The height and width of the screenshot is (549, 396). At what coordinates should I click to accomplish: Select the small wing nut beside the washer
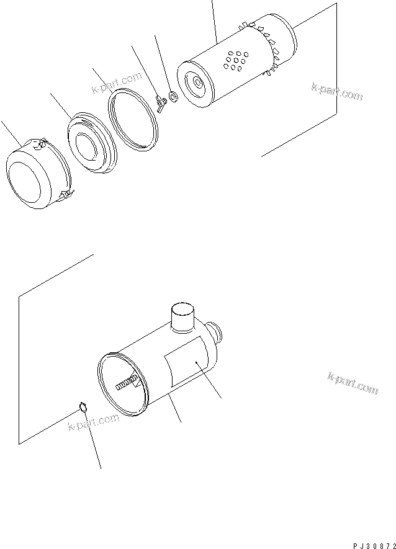click(x=160, y=104)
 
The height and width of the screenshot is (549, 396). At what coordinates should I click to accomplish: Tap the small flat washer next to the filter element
click(x=172, y=97)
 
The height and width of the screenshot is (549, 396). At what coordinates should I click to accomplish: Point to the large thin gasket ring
click(x=134, y=118)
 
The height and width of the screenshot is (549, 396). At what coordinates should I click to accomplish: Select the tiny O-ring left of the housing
click(x=82, y=407)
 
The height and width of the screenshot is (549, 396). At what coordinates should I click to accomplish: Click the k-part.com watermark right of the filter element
click(x=336, y=91)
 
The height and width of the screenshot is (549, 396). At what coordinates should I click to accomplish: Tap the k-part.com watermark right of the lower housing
click(x=352, y=384)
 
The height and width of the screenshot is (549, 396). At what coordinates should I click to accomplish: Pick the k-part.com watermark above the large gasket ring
click(x=117, y=84)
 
